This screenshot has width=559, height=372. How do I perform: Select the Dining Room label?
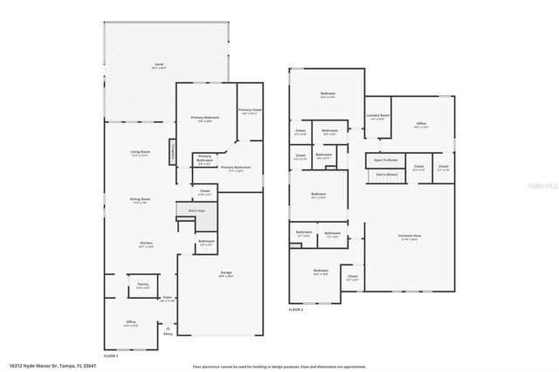141,201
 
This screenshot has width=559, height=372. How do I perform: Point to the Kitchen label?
145,245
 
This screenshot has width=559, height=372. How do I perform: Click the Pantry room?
141,286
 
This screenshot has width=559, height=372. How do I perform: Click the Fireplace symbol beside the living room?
171,150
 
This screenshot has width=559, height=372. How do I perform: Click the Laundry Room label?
378,117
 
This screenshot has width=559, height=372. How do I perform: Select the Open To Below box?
385,160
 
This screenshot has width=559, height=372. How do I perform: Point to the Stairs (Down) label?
386,175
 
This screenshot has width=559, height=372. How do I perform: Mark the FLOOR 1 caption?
111,356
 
